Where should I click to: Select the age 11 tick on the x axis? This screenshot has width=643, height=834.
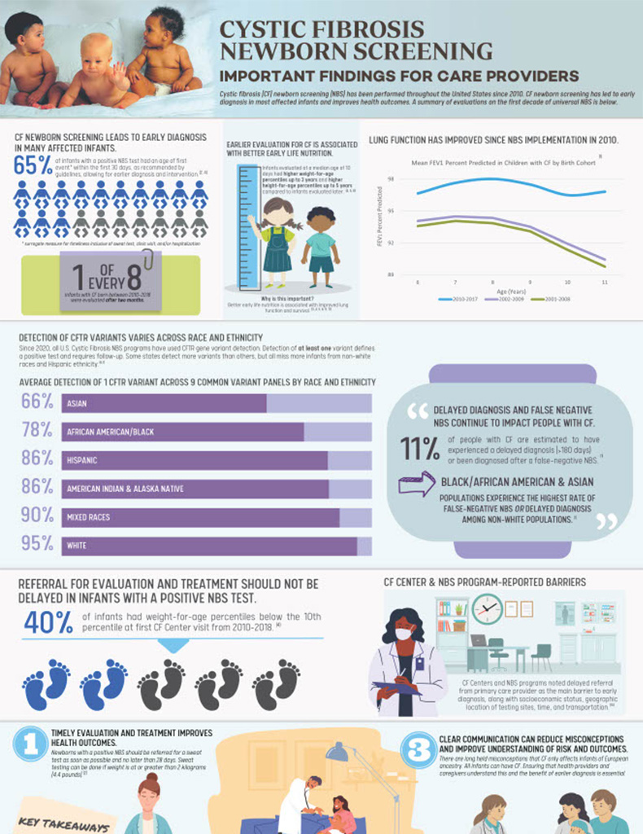tap(605, 282)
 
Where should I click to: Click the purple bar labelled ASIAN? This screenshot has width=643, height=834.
tap(164, 403)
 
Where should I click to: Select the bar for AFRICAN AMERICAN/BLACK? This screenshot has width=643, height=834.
tap(182, 432)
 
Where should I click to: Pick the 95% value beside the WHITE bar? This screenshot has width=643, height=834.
tap(37, 543)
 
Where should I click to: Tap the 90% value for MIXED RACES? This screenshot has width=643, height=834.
tap(37, 516)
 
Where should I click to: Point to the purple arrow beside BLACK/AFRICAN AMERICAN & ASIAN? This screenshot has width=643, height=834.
tap(416, 483)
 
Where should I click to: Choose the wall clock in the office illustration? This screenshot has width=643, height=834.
tap(487, 609)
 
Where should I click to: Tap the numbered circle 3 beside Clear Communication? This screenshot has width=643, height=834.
tap(420, 750)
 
